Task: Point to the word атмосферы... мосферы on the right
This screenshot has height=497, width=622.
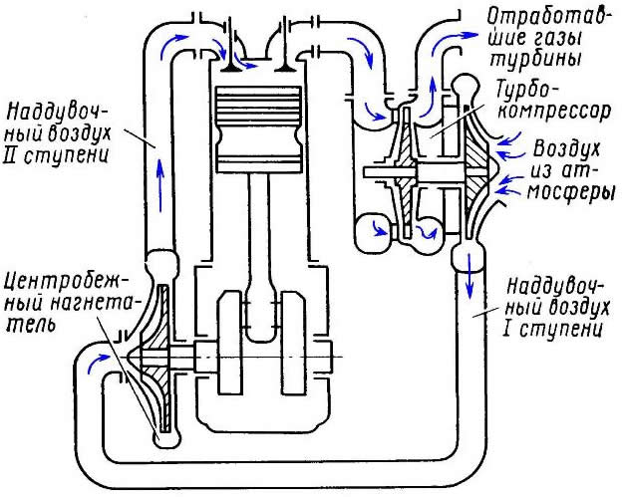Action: [x=564, y=195]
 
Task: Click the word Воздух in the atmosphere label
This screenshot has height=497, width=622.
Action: [x=567, y=149]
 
